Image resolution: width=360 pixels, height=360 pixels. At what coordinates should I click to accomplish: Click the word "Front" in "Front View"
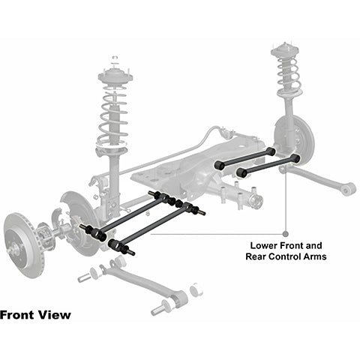(x=17, y=315)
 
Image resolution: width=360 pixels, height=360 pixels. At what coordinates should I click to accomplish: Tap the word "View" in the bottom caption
(x=54, y=315)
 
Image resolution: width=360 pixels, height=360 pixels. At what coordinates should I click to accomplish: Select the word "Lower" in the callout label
(x=263, y=245)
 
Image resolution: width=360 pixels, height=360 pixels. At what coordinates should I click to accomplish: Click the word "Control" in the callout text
(x=283, y=256)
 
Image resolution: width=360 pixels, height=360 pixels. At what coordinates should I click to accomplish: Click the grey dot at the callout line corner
(x=285, y=234)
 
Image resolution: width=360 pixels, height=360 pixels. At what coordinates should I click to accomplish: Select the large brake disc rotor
(x=24, y=245)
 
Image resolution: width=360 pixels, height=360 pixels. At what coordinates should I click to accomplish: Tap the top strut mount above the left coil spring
(x=115, y=76)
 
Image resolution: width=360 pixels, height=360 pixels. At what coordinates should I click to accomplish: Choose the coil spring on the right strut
(x=288, y=73)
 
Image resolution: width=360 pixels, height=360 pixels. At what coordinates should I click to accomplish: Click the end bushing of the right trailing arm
(x=349, y=189)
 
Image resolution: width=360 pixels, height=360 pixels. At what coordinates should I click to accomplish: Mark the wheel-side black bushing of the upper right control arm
(x=271, y=151)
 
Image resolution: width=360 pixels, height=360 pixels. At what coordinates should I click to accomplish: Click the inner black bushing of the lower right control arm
(x=241, y=172)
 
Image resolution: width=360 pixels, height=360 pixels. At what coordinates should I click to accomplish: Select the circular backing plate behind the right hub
(x=295, y=141)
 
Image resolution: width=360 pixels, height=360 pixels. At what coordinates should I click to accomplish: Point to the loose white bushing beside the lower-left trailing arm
(x=196, y=289)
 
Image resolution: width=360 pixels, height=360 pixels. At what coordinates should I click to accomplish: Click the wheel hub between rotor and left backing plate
(x=45, y=235)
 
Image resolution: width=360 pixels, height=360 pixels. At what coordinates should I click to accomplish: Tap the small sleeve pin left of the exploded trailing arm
(x=84, y=278)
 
